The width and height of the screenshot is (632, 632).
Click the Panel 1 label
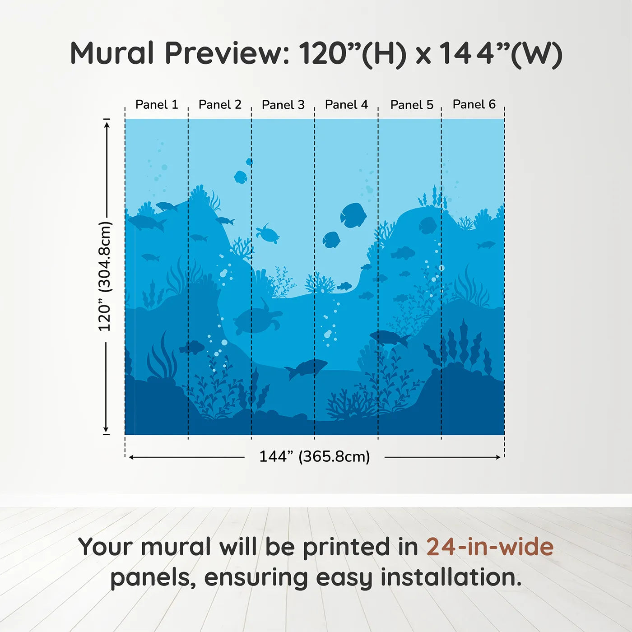click(157, 105)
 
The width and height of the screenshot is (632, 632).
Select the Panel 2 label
click(220, 105)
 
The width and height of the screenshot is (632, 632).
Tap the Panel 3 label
click(283, 105)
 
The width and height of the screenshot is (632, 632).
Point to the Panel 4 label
click(346, 105)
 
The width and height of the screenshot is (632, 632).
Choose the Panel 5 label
click(412, 105)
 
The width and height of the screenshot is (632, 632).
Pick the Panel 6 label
click(474, 104)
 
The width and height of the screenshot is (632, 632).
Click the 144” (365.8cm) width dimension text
click(315, 456)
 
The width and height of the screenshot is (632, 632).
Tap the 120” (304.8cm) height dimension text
click(105, 276)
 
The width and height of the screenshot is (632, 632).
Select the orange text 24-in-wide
click(490, 547)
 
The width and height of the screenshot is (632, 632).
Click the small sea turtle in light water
click(267, 234)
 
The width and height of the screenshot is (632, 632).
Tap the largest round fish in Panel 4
click(353, 215)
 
